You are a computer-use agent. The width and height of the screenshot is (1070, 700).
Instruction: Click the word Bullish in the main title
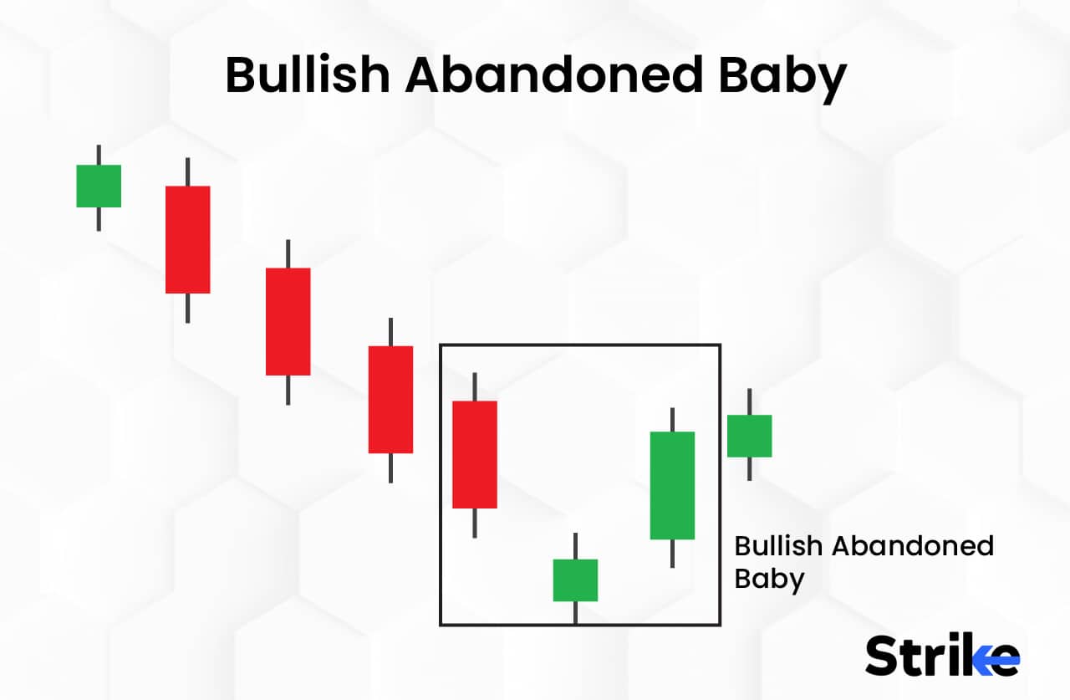[x=308, y=76]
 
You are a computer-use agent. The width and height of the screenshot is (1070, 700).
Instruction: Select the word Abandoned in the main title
[x=553, y=76]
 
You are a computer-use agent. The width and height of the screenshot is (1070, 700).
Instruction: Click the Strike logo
[x=942, y=654]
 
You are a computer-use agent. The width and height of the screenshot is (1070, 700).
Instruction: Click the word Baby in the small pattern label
[x=769, y=579]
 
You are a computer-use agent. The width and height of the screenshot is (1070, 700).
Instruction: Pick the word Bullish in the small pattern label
[x=778, y=546]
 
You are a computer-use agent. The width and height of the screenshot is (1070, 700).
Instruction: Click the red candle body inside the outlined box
[x=475, y=454]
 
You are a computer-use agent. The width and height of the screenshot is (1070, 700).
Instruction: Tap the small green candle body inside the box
[x=575, y=580]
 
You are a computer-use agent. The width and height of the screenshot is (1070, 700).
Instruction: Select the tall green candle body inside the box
[x=672, y=485]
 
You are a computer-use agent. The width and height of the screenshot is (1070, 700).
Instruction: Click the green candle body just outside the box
[x=749, y=436]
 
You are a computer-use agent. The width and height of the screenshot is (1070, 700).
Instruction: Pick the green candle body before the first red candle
[x=99, y=186]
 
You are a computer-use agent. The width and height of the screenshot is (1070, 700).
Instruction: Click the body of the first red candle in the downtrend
[x=187, y=239]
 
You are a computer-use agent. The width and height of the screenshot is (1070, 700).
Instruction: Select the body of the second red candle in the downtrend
[x=288, y=321]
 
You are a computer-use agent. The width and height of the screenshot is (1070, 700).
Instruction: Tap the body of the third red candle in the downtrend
[x=390, y=399]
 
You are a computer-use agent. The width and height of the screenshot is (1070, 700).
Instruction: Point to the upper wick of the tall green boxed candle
[x=672, y=419]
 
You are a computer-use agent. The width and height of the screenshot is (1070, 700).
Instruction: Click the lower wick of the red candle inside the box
[x=475, y=523]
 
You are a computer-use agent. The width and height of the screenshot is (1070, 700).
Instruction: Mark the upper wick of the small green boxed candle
[x=575, y=545]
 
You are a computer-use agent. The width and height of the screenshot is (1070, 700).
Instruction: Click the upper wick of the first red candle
[x=187, y=171]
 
